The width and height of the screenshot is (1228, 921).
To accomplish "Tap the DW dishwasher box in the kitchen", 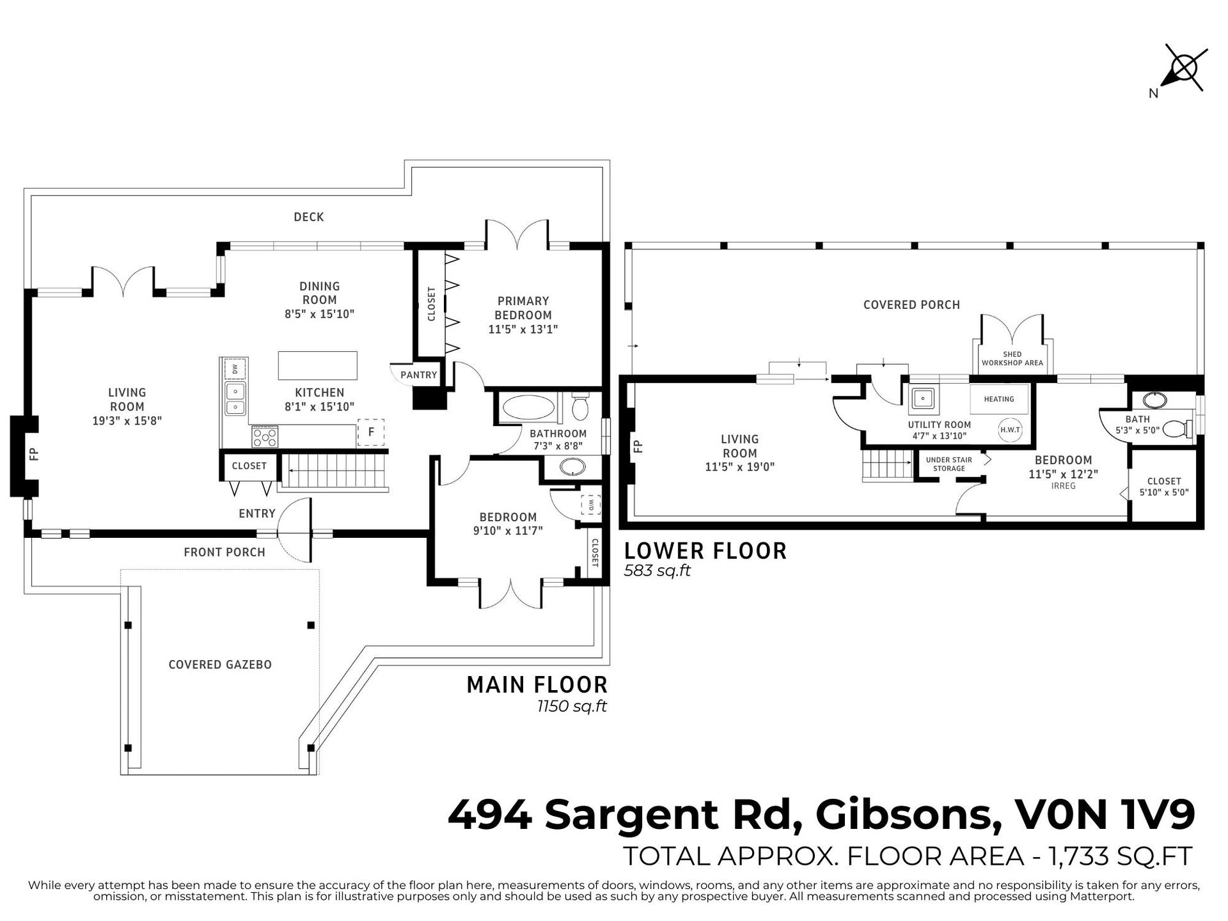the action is coord(235,369).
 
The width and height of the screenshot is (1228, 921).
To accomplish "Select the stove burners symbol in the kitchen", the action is coord(265,437).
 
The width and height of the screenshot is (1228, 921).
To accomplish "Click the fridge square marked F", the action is coord(371,432).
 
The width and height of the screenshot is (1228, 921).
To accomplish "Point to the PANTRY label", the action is coord(419,375).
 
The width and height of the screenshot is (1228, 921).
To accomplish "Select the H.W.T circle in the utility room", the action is coord(1010,430).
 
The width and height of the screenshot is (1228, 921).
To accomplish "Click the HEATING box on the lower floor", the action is coord(999,399).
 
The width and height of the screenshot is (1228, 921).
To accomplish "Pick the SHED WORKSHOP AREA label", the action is coord(1012,358).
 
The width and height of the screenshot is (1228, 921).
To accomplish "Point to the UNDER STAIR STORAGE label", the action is coord(949,464).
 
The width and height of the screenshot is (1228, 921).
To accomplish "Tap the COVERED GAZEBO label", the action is coord(220,665).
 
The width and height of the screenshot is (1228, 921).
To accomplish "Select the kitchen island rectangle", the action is coord(317,365).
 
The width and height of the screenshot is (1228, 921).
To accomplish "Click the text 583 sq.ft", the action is coord(657,571).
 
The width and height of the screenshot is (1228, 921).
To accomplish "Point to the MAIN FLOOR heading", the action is coord(537,685).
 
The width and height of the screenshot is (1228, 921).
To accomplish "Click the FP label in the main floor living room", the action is coord(34,454).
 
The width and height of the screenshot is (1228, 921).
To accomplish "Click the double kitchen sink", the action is coord(235,398).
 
